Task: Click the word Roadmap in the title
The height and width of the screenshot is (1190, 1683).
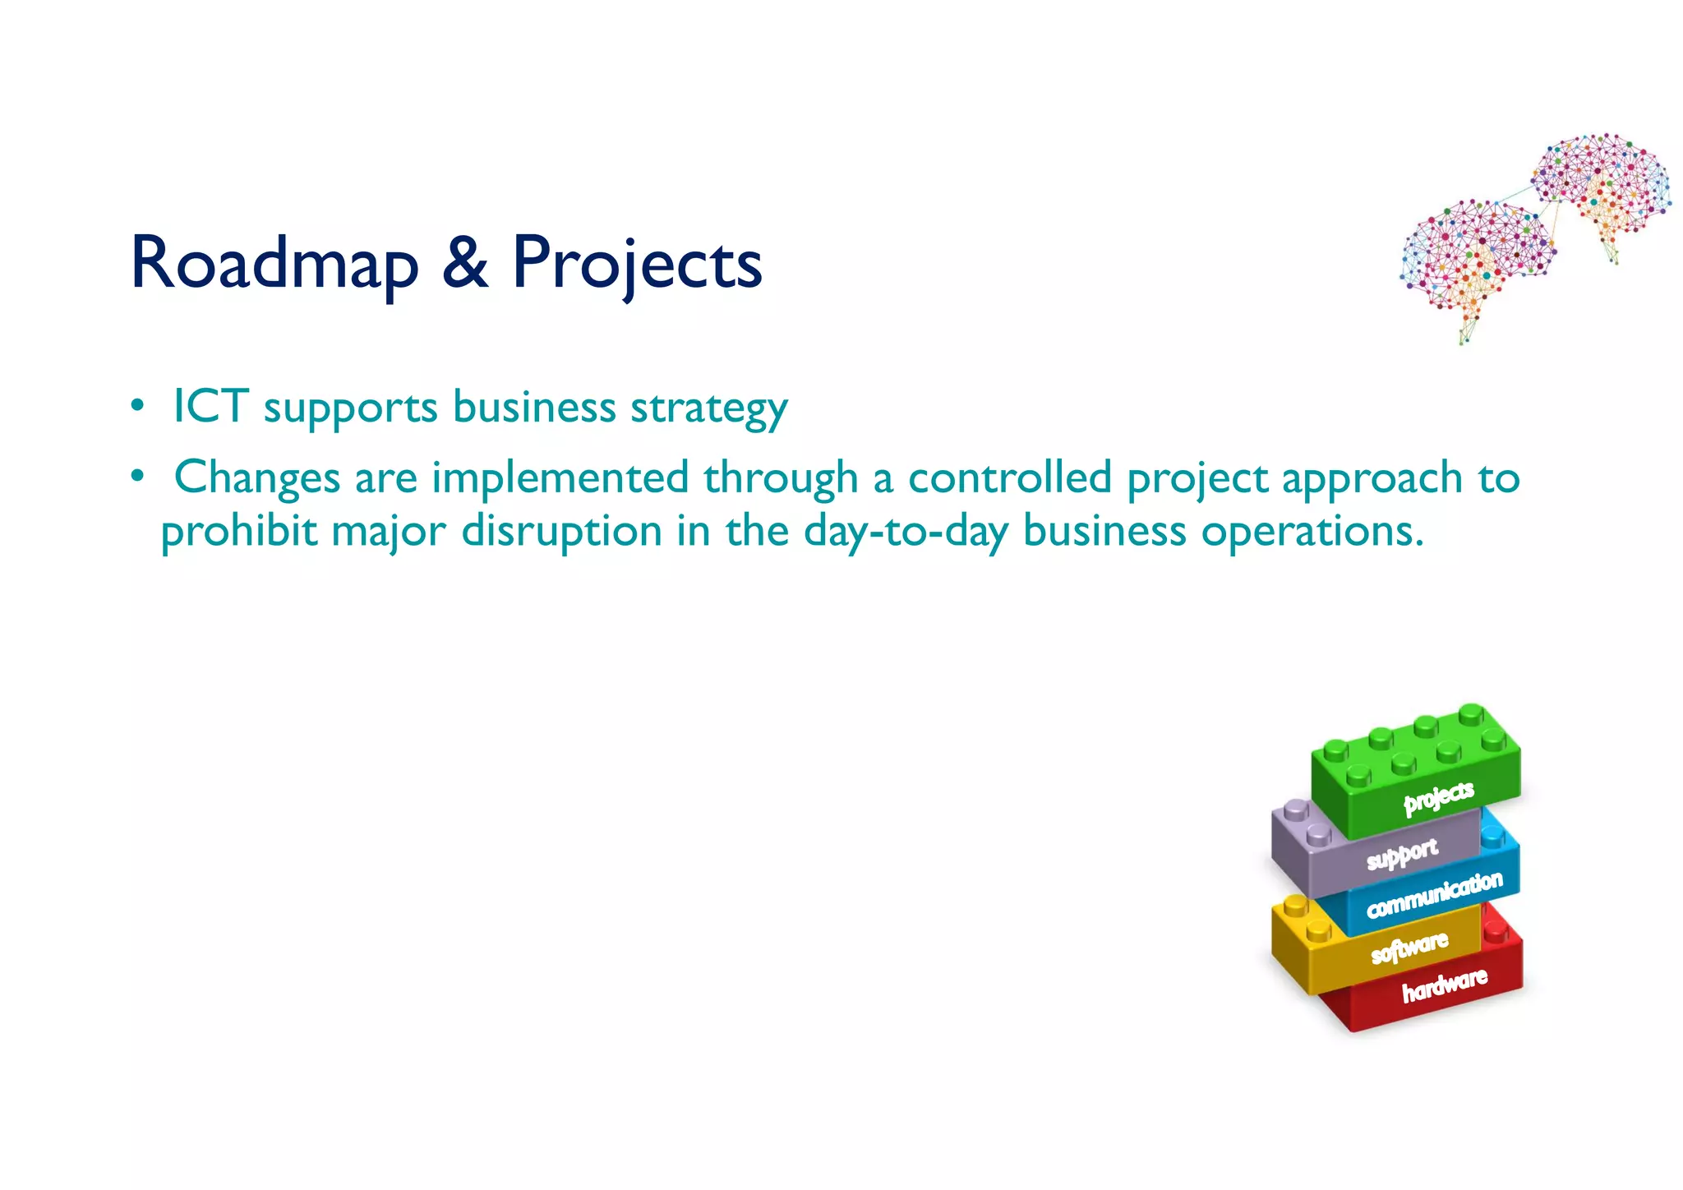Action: coord(274,263)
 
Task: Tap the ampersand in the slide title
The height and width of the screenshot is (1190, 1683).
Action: coord(465,263)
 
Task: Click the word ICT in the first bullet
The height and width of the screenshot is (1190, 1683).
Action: coord(210,406)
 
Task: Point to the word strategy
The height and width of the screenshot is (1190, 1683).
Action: coord(708,408)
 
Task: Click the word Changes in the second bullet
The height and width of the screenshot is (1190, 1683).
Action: coord(257,477)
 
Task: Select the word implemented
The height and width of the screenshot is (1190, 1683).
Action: coord(560,477)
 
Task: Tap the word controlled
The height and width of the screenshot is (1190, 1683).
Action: coord(1010,477)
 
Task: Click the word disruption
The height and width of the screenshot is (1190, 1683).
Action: coord(562,531)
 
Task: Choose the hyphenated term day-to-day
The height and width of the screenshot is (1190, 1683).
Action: coord(905,531)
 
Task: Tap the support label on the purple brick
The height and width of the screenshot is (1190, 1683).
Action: coord(1402,855)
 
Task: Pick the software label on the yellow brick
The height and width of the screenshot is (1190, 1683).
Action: coord(1409,948)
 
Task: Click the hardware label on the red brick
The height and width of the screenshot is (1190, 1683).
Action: coord(1444,985)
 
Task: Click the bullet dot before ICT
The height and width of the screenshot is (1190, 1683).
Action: coord(137,406)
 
